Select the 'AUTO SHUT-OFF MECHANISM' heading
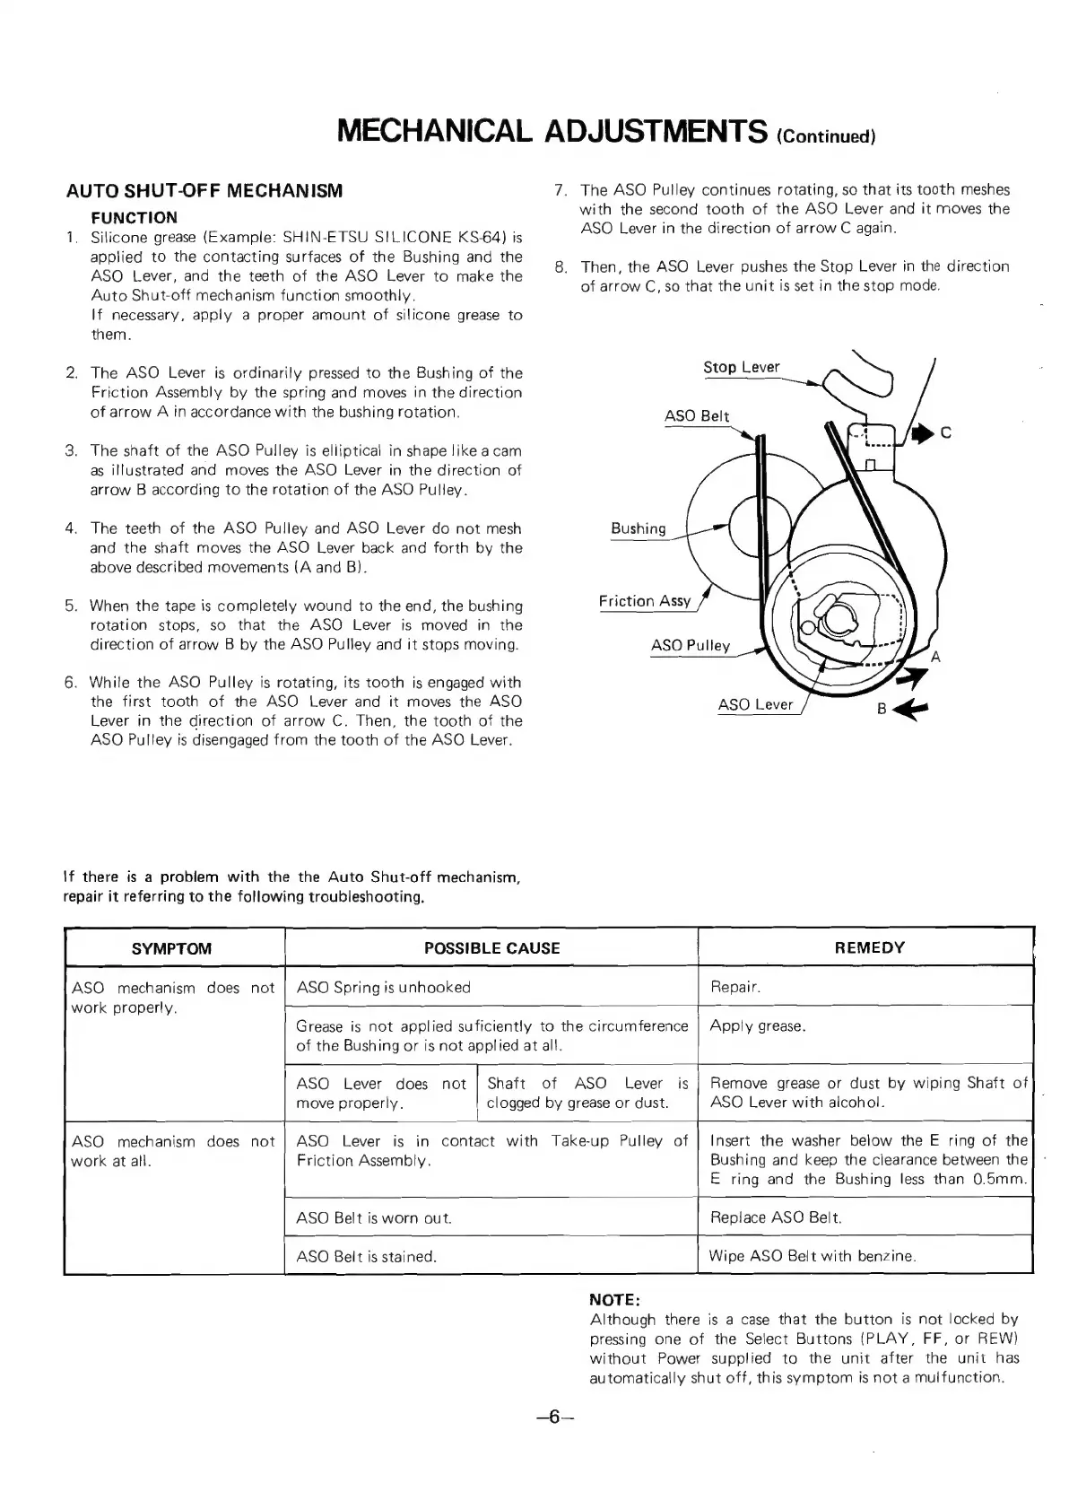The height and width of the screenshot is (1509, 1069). tap(205, 191)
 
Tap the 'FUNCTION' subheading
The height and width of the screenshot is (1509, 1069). tap(135, 217)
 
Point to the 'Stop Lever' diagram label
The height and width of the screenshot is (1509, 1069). tap(741, 367)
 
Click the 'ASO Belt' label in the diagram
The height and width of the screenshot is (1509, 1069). tap(697, 416)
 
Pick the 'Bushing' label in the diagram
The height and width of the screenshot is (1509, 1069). tap(638, 528)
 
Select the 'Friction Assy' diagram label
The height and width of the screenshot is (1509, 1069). tap(644, 601)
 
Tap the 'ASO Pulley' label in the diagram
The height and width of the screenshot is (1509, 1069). tap(691, 646)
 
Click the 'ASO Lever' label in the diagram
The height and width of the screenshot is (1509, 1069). tap(755, 704)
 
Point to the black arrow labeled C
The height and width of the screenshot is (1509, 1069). tap(922, 434)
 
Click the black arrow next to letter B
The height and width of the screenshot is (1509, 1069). tap(914, 709)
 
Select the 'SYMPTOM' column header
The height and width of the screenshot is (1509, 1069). tap(172, 948)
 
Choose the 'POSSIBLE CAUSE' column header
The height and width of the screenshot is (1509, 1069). tap(491, 948)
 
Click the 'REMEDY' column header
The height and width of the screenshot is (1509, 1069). tap(869, 947)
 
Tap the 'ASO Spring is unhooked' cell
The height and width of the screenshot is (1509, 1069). tap(383, 988)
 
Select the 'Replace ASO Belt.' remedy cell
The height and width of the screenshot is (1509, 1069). tap(776, 1217)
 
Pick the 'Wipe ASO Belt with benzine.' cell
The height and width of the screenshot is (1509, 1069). tap(813, 1256)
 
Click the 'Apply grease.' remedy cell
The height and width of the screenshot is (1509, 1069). tap(758, 1026)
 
